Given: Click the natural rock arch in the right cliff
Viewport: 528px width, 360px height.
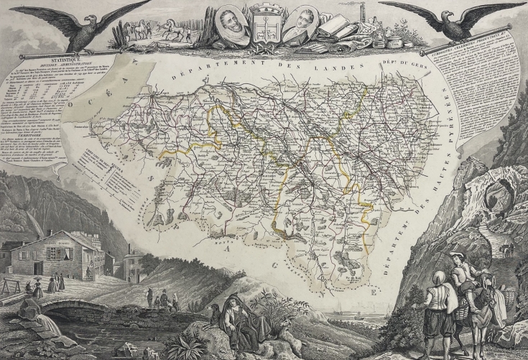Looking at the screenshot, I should [x=494, y=195].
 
